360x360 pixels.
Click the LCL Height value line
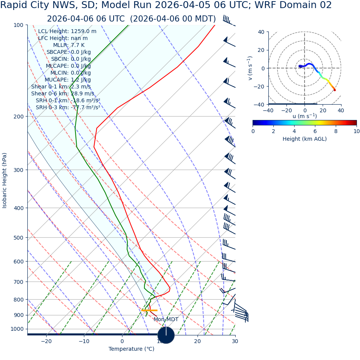point(67,31)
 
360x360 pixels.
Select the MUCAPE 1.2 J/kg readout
point(68,80)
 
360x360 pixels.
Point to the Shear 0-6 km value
point(62,93)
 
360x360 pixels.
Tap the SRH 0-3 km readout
point(68,107)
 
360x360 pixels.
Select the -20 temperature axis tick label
point(46,341)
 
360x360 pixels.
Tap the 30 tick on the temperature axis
point(235,341)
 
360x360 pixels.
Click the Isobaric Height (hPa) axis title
point(5,180)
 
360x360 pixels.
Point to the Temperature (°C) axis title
point(131,349)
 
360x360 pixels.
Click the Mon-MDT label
point(166,319)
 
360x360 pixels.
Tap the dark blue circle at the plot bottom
point(166,335)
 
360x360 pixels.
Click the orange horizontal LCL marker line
point(149,310)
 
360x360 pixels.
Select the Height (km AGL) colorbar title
point(305,139)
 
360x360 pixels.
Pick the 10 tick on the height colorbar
point(357,131)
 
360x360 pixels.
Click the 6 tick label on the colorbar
point(315,131)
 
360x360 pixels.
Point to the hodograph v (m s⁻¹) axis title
point(250,68)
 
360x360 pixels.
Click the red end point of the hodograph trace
point(335,90)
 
